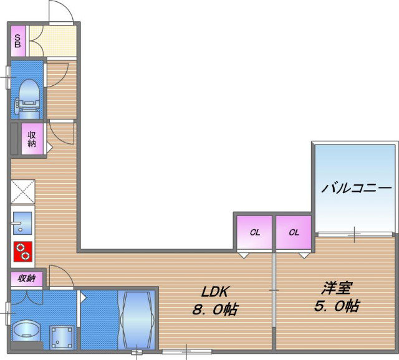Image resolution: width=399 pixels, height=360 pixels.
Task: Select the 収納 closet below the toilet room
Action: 32,138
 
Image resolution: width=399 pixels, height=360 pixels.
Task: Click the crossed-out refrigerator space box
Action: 22,191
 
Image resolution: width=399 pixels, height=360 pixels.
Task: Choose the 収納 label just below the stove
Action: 26,278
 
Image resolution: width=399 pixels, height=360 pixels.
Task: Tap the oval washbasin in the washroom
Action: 26,329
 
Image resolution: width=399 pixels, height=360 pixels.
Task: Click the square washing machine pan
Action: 62,337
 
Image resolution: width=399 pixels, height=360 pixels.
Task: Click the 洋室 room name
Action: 337,288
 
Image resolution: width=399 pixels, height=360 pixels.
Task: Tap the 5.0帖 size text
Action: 337,306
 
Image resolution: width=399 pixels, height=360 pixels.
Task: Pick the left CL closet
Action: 254,232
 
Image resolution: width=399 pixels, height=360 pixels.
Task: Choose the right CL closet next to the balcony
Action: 294,232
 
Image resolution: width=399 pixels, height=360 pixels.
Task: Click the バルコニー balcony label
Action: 356,188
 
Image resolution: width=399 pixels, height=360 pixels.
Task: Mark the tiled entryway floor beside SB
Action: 52,40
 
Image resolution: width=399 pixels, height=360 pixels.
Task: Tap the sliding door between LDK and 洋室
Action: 274,290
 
